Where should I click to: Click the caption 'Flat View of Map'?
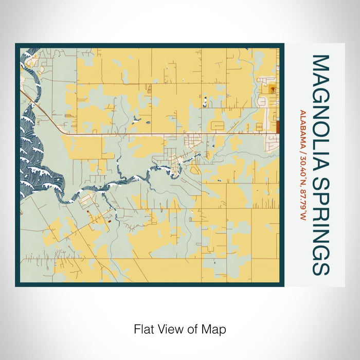point(179,329)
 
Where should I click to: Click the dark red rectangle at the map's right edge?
point(277,127)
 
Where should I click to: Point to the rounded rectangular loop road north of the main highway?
point(216,124)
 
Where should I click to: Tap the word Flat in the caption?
point(142,329)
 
